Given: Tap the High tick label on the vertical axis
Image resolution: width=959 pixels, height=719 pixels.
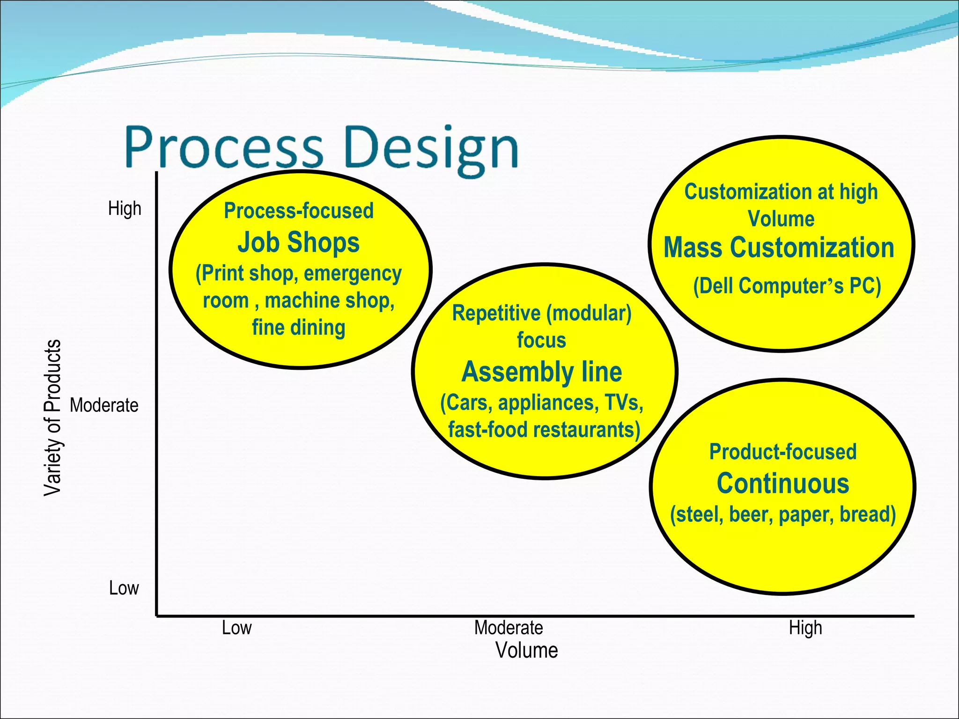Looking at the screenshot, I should pyautogui.click(x=125, y=208).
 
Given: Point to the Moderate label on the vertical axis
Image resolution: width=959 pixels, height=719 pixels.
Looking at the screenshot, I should pyautogui.click(x=104, y=405).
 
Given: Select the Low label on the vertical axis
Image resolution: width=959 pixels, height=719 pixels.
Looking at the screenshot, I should pyautogui.click(x=124, y=588).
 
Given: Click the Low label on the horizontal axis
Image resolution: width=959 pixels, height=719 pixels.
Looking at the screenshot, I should pyautogui.click(x=236, y=628).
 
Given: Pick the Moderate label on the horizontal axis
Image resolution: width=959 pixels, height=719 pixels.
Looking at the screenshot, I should pyautogui.click(x=509, y=628).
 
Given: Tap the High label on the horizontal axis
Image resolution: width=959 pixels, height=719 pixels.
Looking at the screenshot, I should pyautogui.click(x=805, y=628).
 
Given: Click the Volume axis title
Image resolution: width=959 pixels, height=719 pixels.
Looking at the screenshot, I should pyautogui.click(x=526, y=651).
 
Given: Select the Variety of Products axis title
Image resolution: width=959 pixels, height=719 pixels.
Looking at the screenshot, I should pyautogui.click(x=52, y=418).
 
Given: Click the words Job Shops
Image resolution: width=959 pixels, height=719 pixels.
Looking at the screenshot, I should pyautogui.click(x=298, y=242).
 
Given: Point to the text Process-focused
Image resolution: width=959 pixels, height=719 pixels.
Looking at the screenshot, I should pyautogui.click(x=299, y=211).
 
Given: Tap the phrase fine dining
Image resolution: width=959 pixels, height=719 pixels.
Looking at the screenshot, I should pyautogui.click(x=299, y=327).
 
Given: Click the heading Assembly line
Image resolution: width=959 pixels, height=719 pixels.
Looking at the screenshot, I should pyautogui.click(x=542, y=372).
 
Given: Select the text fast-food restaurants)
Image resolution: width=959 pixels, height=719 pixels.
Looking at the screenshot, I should pyautogui.click(x=544, y=430).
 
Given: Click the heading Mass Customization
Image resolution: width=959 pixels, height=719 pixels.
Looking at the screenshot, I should pyautogui.click(x=779, y=248).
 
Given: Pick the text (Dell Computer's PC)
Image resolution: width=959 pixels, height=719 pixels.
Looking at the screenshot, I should pyautogui.click(x=787, y=286).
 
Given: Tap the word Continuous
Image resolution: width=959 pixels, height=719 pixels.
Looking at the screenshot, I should pyautogui.click(x=782, y=484).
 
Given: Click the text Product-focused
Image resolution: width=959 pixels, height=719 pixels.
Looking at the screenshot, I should pyautogui.click(x=782, y=452).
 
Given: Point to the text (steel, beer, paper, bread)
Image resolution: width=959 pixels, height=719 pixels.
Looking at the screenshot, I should pyautogui.click(x=782, y=514).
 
